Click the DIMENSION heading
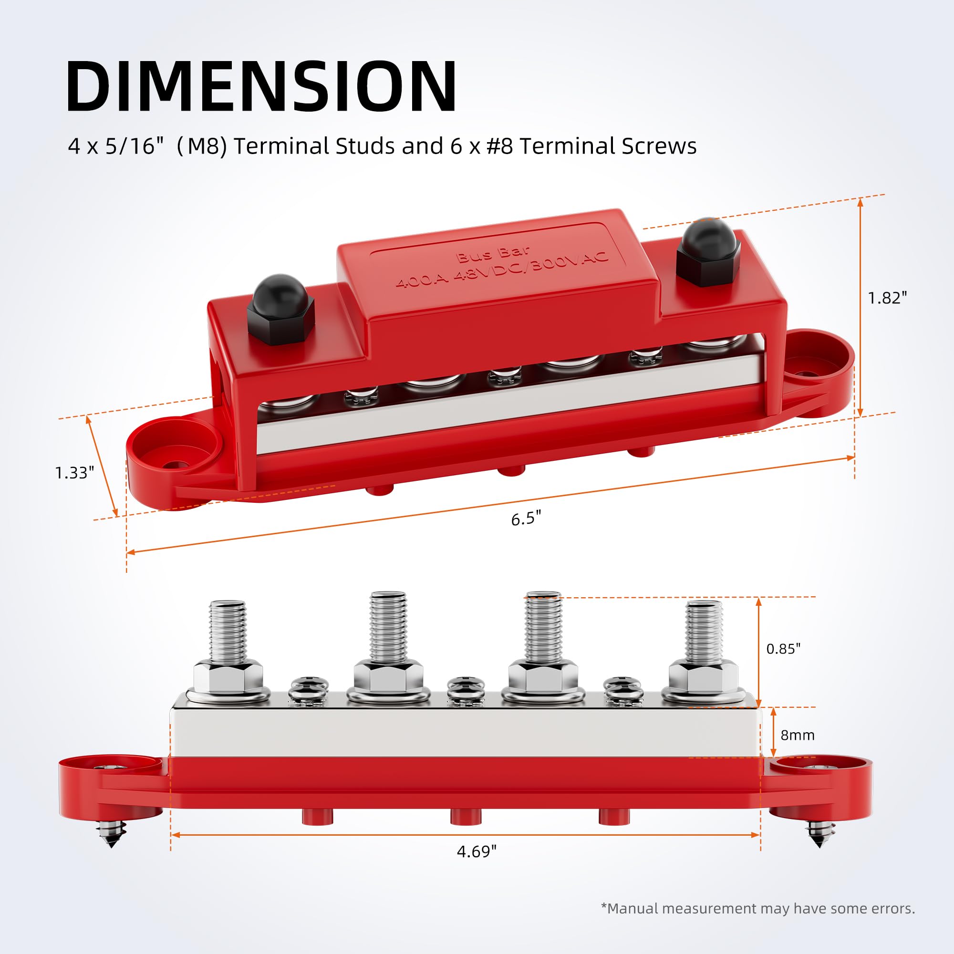(262, 86)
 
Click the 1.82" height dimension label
(887, 298)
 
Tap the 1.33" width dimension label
(74, 473)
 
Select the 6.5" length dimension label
(526, 519)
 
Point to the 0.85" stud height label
(783, 649)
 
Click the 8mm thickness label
(797, 735)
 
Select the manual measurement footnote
(758, 909)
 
